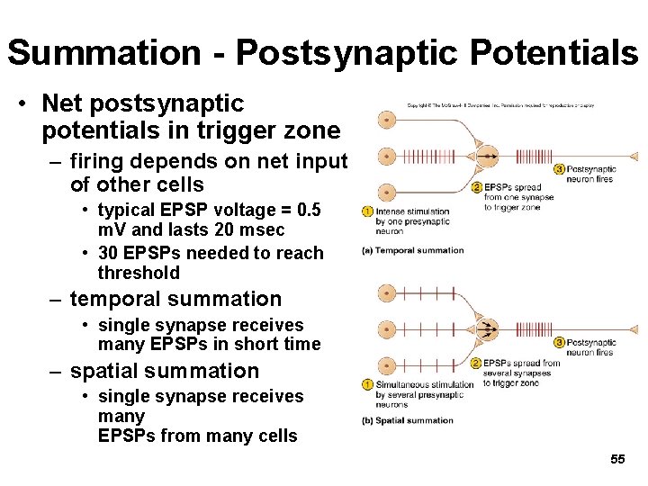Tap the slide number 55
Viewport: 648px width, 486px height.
(617, 459)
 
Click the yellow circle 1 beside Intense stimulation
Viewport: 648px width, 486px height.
(367, 211)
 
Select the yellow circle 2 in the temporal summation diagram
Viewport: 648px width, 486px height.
(477, 187)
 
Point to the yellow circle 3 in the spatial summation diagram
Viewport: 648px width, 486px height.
(559, 342)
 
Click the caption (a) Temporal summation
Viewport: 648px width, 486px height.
(412, 250)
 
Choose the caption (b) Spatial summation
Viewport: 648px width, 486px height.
(408, 420)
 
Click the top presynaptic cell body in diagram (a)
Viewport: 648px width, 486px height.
(387, 120)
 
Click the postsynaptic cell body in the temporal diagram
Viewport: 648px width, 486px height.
(486, 156)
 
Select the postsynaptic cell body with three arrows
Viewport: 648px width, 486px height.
(488, 328)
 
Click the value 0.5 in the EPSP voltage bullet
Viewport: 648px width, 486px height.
(306, 210)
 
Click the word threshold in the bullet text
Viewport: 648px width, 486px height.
(139, 273)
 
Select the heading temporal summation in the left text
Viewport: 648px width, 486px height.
(175, 299)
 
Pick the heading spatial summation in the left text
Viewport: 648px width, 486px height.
(164, 371)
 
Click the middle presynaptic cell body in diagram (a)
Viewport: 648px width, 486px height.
(387, 156)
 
